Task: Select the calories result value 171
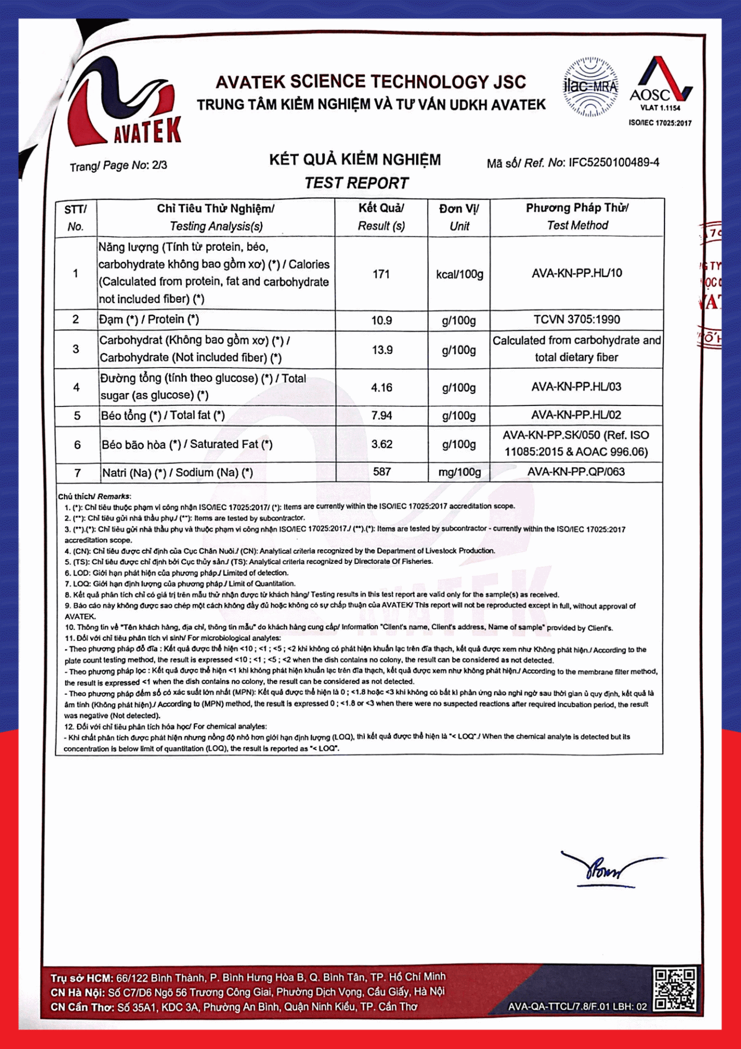(381, 274)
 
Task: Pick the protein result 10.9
(382, 321)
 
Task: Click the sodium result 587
(382, 472)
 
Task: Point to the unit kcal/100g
(459, 274)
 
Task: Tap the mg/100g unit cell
(459, 472)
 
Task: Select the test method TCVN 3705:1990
(577, 320)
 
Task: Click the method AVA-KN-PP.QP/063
(576, 472)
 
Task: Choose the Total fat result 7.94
(382, 416)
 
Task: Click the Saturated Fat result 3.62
(382, 444)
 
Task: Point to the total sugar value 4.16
(382, 388)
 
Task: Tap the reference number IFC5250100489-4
(614, 162)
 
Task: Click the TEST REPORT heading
(356, 183)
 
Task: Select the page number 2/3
(159, 165)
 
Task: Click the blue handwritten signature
(606, 869)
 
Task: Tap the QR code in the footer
(675, 989)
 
